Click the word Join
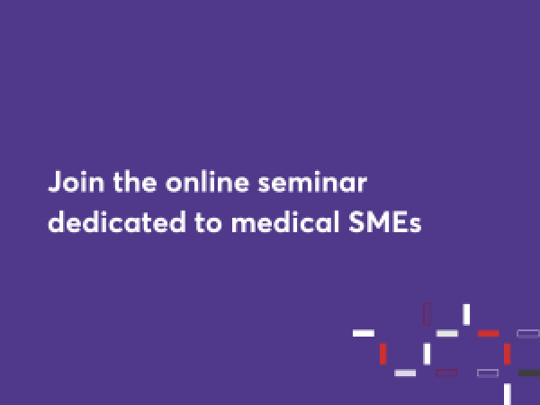[76, 182]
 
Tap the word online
[207, 182]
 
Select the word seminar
[312, 182]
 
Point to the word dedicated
[117, 221]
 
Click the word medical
[285, 221]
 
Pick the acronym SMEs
[385, 222]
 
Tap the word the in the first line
[135, 182]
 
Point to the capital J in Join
[55, 182]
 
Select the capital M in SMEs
[380, 222]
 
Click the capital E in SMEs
[401, 222]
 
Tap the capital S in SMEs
[356, 222]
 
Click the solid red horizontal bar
[489, 333]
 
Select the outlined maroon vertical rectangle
[427, 314]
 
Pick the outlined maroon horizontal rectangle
[446, 373]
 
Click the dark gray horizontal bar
[529, 373]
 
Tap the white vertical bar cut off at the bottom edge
[508, 394]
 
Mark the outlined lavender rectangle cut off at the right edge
[528, 333]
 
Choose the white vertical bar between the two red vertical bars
[427, 354]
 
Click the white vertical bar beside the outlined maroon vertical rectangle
[466, 314]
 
